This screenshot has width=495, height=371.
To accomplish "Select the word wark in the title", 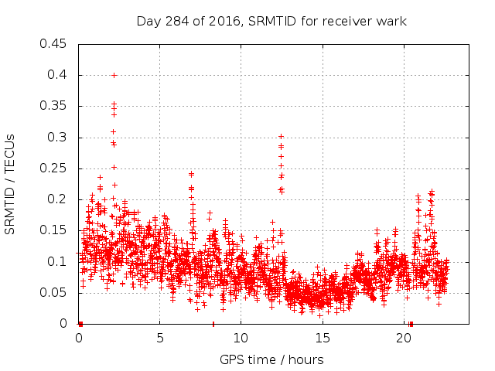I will pyautogui.click(x=391, y=21).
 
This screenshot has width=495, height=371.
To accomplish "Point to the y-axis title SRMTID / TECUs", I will pyautogui.click(x=11, y=183).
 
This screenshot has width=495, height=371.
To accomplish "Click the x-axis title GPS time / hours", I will pyautogui.click(x=271, y=359).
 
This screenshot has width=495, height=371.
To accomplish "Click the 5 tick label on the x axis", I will pyautogui.click(x=160, y=338).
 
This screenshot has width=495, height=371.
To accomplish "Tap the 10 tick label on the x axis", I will pyautogui.click(x=241, y=338).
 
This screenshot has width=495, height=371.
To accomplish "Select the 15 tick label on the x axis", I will pyautogui.click(x=322, y=338).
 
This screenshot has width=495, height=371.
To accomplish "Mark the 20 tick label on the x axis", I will pyautogui.click(x=403, y=338).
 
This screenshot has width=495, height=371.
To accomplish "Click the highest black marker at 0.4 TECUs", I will pyautogui.click(x=114, y=75).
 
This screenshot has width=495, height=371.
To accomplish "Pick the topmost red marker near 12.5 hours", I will pyautogui.click(x=281, y=137).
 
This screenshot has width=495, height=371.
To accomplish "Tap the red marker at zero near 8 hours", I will pyautogui.click(x=213, y=324).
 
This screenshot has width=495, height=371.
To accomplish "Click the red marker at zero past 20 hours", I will pyautogui.click(x=411, y=324).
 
